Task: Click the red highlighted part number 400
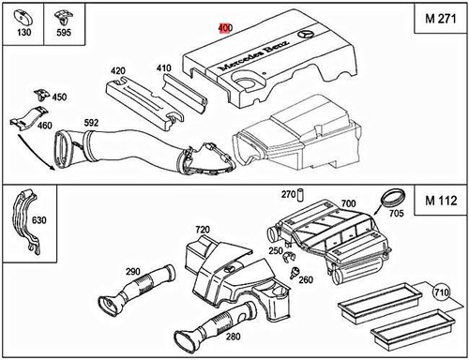coord(225,28)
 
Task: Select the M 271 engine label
coord(441,19)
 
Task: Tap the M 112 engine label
coord(441,201)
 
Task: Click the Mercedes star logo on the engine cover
coord(305,34)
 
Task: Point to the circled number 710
coord(441,292)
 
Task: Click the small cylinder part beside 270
coord(302,195)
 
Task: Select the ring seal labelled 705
coord(393,198)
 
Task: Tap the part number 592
coord(91,123)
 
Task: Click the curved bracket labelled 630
coord(26,220)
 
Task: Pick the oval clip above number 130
coord(23,18)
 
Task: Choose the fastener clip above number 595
coord(64,19)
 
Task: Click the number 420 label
coord(117,71)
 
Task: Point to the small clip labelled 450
coord(41,95)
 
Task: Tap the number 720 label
coord(203,230)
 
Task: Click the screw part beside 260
coord(294,273)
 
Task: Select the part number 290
coord(133,272)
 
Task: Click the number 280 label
coord(234,337)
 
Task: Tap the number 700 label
coord(348,203)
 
